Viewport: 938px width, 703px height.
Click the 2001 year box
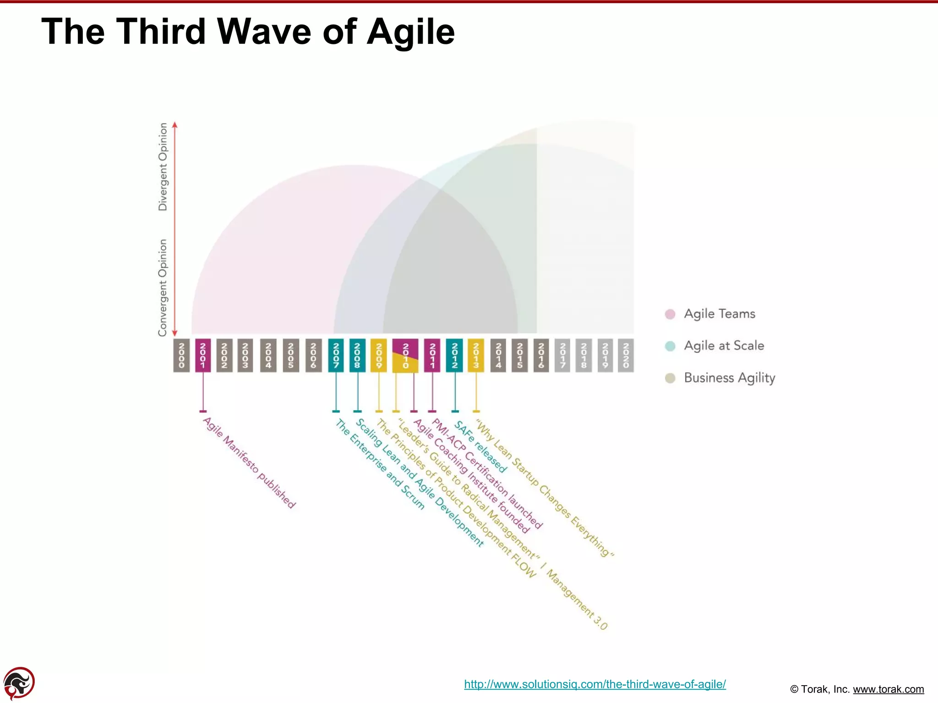point(203,355)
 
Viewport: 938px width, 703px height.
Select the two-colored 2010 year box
point(405,356)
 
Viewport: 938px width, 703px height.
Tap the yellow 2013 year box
point(476,355)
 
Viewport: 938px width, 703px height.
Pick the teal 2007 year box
point(336,355)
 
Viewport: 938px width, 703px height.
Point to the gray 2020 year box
point(626,355)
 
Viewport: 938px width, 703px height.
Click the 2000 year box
point(181,355)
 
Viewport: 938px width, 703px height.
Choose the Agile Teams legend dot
point(670,314)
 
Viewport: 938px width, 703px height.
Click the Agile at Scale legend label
point(724,346)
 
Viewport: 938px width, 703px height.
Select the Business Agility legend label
point(729,378)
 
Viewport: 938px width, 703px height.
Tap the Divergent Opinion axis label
point(163,167)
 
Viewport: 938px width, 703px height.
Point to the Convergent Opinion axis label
point(163,287)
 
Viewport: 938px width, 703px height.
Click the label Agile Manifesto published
point(249,463)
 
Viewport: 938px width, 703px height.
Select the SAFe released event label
point(480,447)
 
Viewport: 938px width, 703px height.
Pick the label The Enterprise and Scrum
point(380,465)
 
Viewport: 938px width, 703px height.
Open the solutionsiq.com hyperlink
point(594,684)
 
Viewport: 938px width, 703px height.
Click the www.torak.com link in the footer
point(888,689)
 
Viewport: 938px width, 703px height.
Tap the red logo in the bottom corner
point(19,683)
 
